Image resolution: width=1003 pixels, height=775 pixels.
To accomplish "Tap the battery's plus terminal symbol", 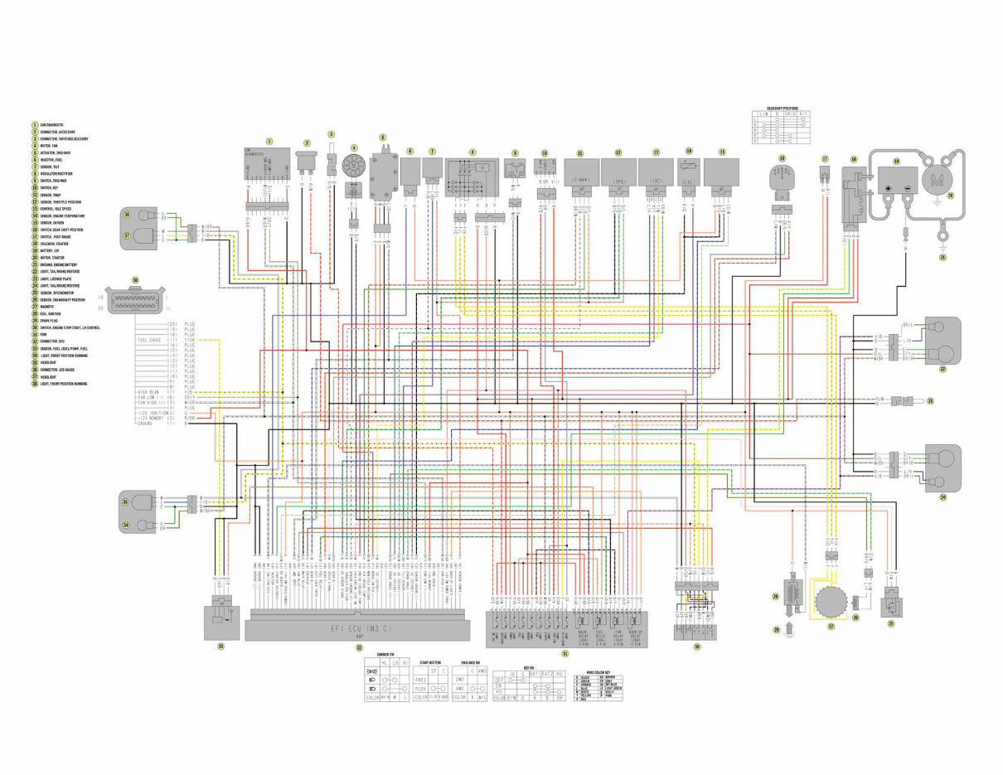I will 888,188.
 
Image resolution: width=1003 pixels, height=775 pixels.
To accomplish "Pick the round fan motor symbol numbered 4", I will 354,165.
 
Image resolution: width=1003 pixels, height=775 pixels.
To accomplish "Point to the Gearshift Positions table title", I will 783,109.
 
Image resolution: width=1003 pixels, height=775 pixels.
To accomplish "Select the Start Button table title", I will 430,662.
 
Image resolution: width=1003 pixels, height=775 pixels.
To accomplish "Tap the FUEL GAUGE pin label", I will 149,341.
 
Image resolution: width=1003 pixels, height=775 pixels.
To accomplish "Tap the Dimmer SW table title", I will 385,655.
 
